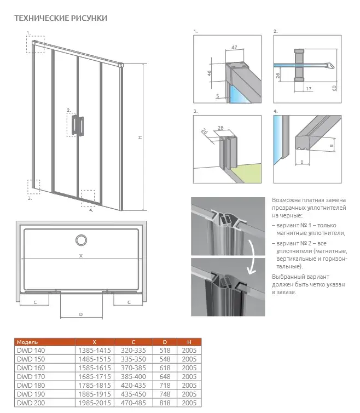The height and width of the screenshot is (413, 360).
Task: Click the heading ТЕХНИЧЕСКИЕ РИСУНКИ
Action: tap(60, 18)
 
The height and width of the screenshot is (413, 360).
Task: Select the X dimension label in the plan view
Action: tap(80, 255)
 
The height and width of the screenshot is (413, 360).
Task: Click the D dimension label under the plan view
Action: tap(80, 314)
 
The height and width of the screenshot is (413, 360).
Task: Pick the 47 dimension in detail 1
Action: tap(234, 48)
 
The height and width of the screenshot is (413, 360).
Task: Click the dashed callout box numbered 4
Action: tap(88, 198)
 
